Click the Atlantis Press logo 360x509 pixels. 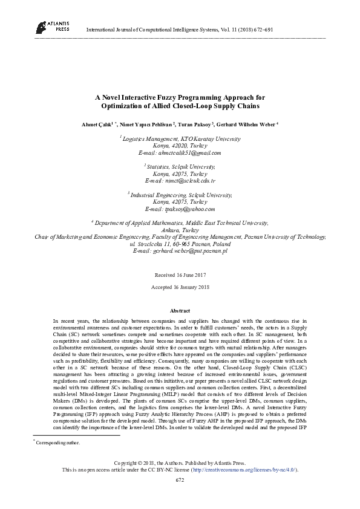click(52, 25)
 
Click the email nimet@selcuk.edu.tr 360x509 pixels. click(180, 181)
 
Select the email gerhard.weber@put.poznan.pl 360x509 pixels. click(180, 250)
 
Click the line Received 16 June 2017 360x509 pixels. click(180, 274)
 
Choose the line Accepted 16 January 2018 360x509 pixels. click(180, 287)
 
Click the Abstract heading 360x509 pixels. click(180, 310)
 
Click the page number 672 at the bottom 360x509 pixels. click(180, 479)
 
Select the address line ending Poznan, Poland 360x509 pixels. click(180, 244)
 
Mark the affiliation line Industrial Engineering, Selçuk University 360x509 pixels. click(180, 195)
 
